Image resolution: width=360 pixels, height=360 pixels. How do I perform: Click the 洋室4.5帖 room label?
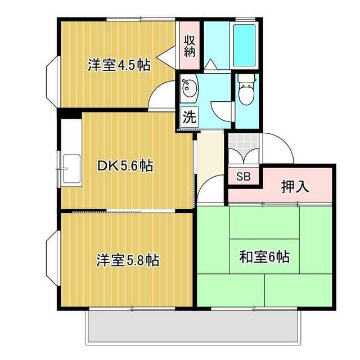[x=119, y=65]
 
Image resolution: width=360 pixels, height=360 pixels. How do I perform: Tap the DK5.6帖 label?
[x=125, y=165]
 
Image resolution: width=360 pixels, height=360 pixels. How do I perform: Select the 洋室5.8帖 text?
[x=128, y=260]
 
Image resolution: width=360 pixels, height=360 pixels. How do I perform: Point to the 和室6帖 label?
[x=264, y=256]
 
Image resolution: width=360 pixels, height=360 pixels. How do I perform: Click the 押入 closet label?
[x=295, y=187]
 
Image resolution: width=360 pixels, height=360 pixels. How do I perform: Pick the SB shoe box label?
[x=244, y=177]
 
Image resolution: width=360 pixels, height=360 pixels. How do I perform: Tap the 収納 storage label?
[x=190, y=46]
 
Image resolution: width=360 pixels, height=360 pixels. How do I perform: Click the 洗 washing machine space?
[x=190, y=117]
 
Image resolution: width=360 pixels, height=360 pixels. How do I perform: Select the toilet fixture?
[x=247, y=89]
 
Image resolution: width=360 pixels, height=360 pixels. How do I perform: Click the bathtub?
[x=244, y=45]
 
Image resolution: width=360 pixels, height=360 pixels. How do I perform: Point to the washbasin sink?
[x=190, y=88]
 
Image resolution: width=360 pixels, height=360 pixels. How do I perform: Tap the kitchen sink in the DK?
[x=71, y=168]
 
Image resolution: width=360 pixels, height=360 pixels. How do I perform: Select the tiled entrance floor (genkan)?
[x=244, y=148]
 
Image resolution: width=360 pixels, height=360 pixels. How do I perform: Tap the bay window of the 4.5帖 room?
[x=53, y=82]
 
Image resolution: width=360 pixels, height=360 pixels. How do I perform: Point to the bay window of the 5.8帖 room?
[x=53, y=257]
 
